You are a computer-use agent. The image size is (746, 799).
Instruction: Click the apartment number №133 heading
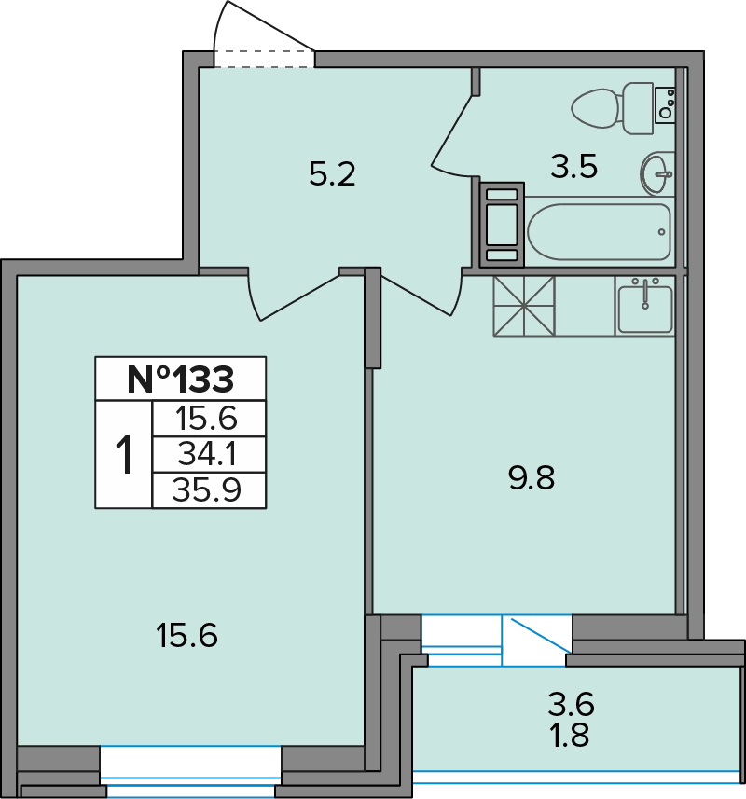coord(180,379)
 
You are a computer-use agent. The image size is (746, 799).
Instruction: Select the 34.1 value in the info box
coord(207,455)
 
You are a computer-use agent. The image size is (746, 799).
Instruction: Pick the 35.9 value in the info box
coord(206,490)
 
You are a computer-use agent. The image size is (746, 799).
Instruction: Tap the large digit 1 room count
coord(124,455)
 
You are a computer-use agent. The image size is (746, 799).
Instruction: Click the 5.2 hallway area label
coord(332,174)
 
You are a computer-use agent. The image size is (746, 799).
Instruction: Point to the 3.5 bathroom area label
coord(573,167)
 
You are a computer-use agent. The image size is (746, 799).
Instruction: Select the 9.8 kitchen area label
coord(532,478)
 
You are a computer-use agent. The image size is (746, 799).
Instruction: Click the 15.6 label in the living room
coord(187,636)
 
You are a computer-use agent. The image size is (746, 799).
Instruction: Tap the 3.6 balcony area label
coord(572,704)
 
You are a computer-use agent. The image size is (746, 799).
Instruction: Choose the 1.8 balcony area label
coord(570,736)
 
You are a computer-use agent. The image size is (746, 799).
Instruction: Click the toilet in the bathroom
coord(613,108)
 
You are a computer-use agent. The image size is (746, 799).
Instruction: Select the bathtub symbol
coord(600,232)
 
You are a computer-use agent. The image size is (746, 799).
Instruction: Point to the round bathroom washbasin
coord(657,173)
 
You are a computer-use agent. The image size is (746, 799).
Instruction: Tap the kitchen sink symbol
coord(645,306)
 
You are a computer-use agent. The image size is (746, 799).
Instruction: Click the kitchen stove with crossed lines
coord(524,306)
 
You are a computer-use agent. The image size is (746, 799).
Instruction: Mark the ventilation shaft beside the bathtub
coord(502,225)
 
